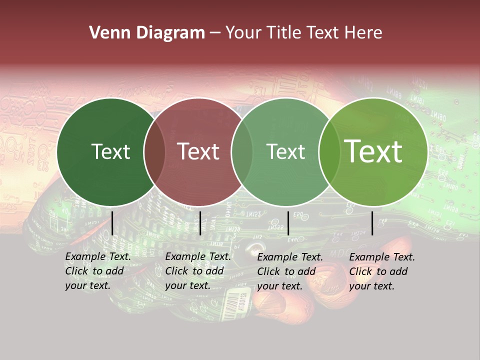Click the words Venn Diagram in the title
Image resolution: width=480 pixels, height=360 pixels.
147,33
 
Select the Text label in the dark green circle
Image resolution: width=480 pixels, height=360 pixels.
110,151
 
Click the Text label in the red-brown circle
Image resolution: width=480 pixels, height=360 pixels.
198,151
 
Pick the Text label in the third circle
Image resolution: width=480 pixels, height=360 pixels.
286,151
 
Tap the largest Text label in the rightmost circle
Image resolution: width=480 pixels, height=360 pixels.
373,151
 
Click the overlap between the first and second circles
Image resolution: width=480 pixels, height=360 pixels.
154,151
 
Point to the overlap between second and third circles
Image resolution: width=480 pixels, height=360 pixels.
242,151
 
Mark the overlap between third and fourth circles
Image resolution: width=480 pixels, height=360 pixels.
329,151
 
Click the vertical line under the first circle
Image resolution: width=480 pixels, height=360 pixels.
112,223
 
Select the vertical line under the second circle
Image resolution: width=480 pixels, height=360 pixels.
200,223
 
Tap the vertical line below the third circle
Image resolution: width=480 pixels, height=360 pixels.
288,223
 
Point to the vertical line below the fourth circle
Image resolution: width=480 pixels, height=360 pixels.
372,223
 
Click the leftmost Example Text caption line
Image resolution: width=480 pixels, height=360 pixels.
98,256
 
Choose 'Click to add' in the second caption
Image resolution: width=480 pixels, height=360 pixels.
194,271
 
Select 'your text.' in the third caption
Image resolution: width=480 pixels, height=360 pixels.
279,286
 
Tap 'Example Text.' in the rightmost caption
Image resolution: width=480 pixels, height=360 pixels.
382,257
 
